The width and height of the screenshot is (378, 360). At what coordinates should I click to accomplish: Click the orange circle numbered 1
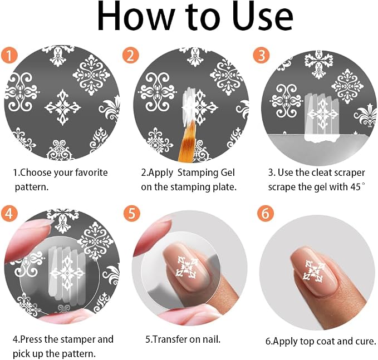[x=9, y=55]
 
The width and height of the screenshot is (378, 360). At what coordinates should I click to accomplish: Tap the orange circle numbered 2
[x=130, y=55]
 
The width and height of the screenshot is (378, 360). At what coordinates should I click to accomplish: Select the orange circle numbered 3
[x=261, y=55]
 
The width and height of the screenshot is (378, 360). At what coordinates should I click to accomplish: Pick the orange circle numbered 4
[x=9, y=213]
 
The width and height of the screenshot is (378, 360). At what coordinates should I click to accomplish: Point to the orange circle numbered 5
[x=131, y=213]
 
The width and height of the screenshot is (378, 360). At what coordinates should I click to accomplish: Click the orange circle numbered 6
[x=265, y=213]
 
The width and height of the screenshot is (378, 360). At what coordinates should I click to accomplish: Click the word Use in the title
[x=263, y=16]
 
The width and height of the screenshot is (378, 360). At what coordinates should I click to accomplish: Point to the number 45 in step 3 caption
[x=355, y=187]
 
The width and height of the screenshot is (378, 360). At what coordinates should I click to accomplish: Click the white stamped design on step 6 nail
[x=313, y=271]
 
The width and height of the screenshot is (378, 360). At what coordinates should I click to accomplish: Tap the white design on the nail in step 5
[x=187, y=267]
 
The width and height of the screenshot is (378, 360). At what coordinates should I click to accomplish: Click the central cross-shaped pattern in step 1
[x=63, y=107]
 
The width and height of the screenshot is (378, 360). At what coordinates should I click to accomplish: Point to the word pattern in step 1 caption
[x=31, y=187]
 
